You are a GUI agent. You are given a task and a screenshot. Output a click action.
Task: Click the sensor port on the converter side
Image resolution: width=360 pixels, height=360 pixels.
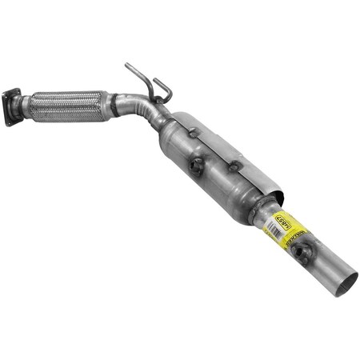click(x=195, y=166)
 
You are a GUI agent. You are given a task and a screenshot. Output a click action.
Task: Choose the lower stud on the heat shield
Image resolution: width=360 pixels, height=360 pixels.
click(x=234, y=166)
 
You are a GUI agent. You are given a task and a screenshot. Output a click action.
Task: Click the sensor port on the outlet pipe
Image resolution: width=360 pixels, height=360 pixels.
click(x=301, y=254)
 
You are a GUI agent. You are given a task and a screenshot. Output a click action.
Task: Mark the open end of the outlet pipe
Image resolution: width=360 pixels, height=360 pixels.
click(x=345, y=282)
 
